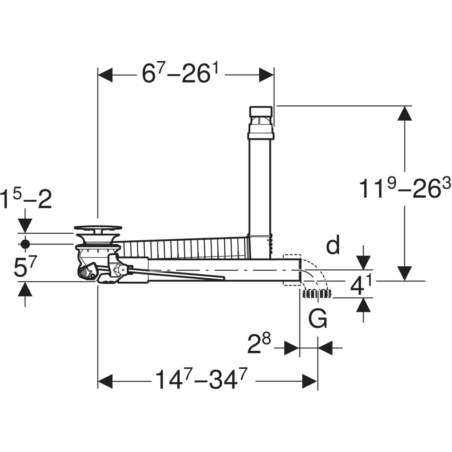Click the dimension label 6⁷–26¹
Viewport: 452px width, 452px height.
180,74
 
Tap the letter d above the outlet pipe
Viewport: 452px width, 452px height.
333,245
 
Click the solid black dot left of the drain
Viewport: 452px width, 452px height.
25,244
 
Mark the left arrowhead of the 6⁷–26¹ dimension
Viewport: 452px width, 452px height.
105,75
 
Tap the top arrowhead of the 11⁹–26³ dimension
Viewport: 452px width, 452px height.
405,113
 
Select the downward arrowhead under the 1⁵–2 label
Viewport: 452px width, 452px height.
25,226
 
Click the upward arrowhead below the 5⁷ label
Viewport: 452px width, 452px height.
25,289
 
